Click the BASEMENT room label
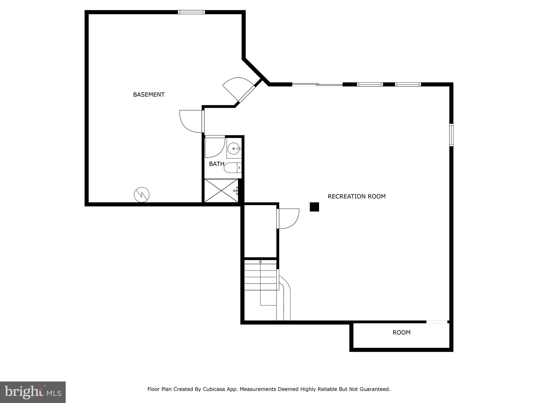coord(149,95)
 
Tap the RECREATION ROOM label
coord(356,196)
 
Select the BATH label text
coord(216,164)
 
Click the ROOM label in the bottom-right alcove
coord(401,332)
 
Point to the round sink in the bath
coord(234,149)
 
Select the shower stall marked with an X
coord(221,190)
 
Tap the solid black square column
coord(314,207)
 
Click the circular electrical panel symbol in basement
coord(142,195)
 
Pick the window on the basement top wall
coord(191,12)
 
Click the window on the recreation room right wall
coord(451,135)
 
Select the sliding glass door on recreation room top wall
coord(317,84)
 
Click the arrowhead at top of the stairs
coord(260,262)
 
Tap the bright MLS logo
coord(33,392)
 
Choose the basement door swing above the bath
coord(190,121)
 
